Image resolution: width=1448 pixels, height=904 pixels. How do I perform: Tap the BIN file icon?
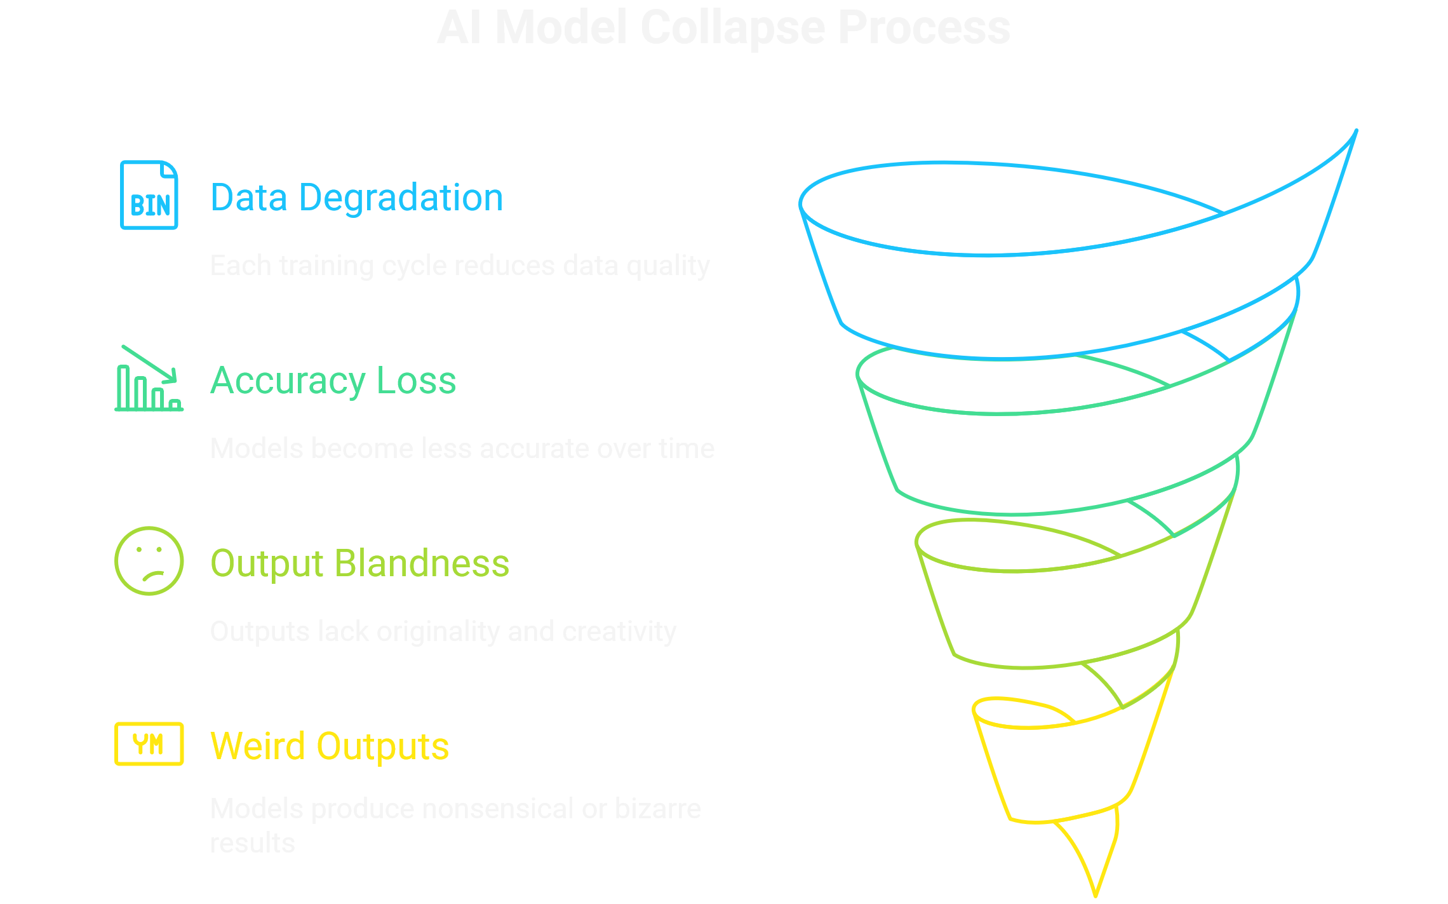pos(149,195)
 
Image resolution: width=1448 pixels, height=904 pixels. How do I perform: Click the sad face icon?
pos(149,561)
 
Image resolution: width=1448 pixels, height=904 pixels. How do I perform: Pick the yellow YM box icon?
pos(149,744)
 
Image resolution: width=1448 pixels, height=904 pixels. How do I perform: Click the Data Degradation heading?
pos(356,198)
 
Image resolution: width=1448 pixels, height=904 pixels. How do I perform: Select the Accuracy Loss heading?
pos(333,381)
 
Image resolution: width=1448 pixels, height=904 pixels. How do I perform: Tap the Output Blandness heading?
pos(359,563)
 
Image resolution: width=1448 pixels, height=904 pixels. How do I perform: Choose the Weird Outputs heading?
pos(329,746)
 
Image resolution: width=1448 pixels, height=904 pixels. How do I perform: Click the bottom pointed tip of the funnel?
pos(1096,894)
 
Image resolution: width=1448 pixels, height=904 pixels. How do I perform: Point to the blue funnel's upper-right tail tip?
pos(1356,132)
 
